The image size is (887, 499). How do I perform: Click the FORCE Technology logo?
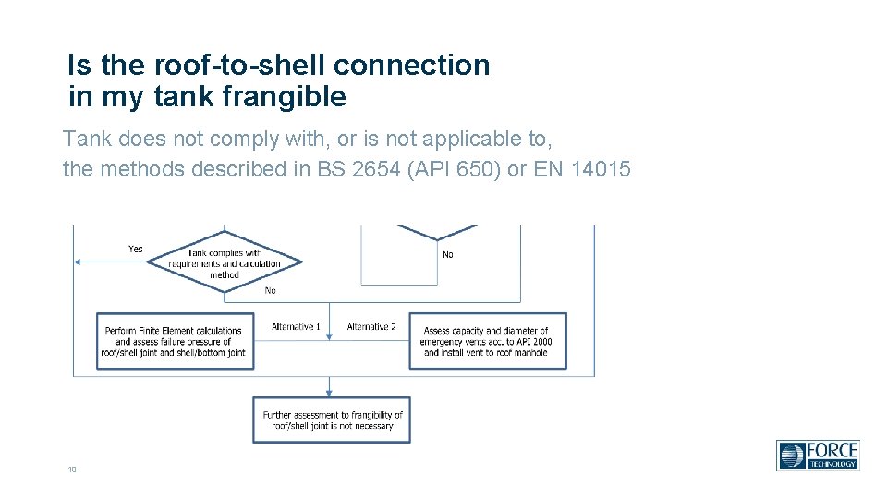(818, 455)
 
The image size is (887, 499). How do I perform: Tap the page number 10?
(71, 470)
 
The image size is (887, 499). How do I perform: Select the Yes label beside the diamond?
(136, 249)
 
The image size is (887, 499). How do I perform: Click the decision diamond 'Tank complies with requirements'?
(225, 263)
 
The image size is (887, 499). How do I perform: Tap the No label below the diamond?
(270, 290)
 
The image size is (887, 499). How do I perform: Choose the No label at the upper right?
(448, 254)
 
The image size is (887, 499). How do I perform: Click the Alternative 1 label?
(296, 327)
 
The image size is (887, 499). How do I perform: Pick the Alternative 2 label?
(371, 327)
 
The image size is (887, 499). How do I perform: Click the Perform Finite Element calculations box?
(176, 342)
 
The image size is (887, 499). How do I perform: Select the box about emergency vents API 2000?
(488, 342)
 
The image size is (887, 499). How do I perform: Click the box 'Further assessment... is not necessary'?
(332, 420)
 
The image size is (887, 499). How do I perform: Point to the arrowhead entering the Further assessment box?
(329, 394)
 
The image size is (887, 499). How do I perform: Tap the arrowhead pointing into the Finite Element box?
(259, 341)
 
